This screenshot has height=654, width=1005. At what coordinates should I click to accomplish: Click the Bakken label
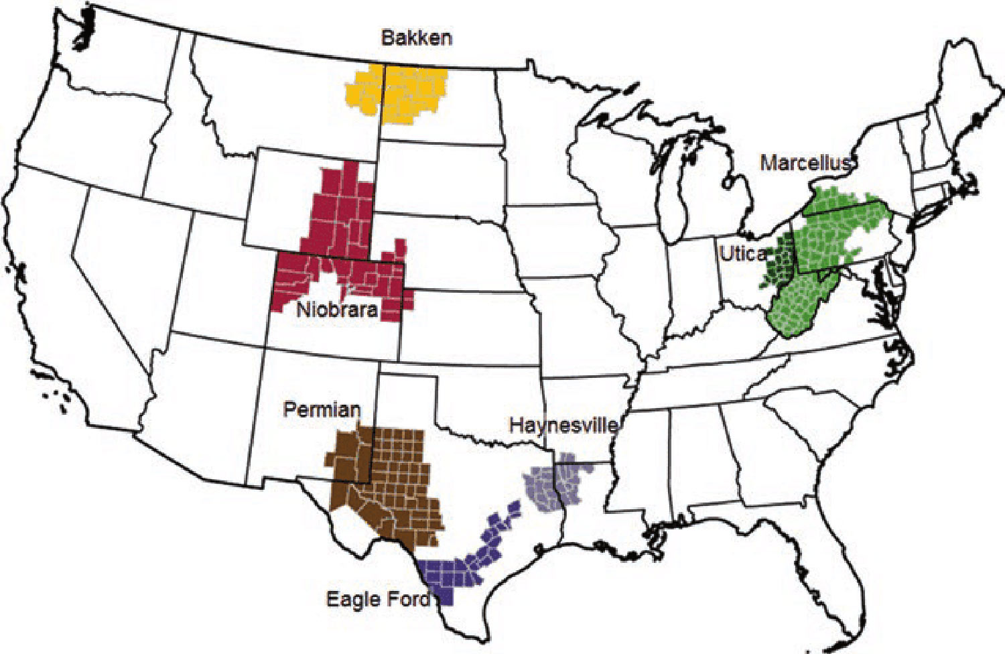click(x=416, y=38)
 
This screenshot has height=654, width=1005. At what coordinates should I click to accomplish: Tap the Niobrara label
click(x=337, y=310)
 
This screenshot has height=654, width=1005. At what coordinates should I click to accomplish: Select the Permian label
click(x=322, y=409)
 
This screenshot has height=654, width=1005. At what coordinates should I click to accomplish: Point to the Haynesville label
click(x=563, y=425)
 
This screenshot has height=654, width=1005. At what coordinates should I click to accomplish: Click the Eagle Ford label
click(x=378, y=598)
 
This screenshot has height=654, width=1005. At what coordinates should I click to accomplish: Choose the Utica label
click(x=742, y=253)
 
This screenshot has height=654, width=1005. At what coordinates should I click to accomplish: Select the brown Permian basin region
click(x=395, y=482)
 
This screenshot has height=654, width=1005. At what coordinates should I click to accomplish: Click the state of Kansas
click(x=469, y=328)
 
